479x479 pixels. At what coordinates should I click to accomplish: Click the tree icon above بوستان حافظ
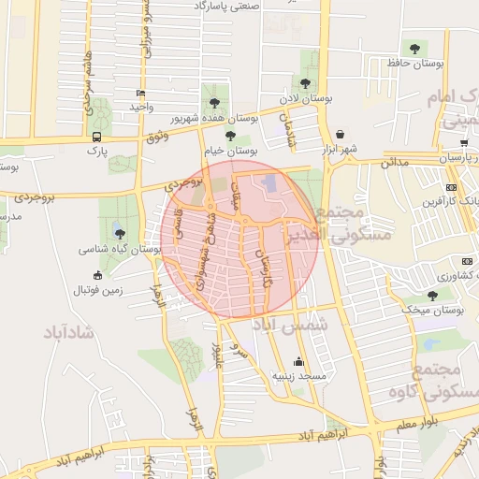[413, 47]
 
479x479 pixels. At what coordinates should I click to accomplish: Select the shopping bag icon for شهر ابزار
[338, 134]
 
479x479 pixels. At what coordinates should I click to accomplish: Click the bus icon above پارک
[96, 135]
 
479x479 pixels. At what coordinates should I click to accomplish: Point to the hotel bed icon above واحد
[140, 93]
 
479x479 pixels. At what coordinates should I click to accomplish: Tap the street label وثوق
[157, 138]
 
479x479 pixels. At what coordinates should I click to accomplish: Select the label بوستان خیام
[229, 150]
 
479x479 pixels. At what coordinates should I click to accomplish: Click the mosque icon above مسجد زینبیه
[299, 361]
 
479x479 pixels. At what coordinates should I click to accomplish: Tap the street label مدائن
[394, 163]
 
